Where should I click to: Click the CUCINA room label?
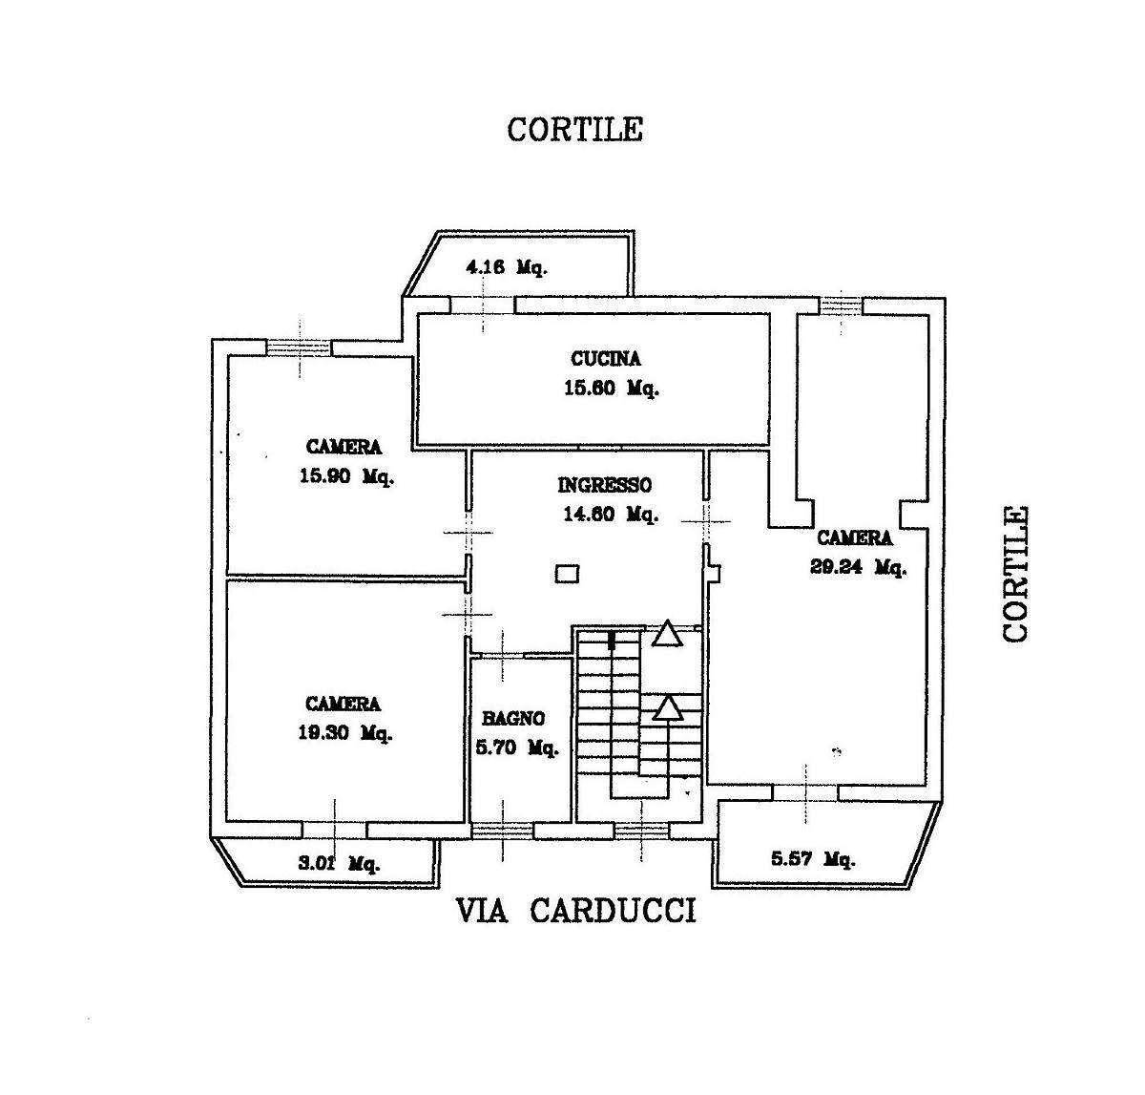606,359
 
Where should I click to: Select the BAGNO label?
513,719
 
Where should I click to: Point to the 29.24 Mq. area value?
858,567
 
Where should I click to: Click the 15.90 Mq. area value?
346,477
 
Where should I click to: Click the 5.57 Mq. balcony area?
812,859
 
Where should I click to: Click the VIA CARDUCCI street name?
576,912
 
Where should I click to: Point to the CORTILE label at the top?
574,130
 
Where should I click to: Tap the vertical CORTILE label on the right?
1015,574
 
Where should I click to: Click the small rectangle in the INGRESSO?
567,573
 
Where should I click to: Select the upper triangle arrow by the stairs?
667,634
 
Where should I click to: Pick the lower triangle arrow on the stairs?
667,707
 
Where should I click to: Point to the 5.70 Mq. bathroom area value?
517,748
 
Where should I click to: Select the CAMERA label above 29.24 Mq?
854,538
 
